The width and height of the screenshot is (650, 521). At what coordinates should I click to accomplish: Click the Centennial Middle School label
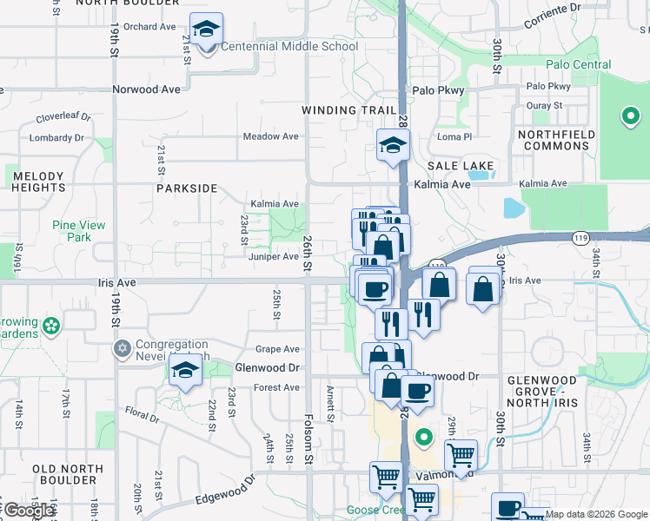[x=289, y=46]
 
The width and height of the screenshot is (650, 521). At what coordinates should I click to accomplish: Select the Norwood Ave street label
[x=146, y=89]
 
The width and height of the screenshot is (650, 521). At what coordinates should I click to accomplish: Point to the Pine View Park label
[x=79, y=231]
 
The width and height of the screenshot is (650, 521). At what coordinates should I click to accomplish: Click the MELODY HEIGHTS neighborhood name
[x=38, y=181]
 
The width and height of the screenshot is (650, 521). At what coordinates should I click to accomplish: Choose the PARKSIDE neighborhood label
[x=186, y=188]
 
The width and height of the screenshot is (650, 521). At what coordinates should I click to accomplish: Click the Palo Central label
[x=579, y=65]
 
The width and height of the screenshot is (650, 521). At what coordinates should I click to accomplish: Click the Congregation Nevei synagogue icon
[x=122, y=348]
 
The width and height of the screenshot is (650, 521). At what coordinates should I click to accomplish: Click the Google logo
[x=29, y=511]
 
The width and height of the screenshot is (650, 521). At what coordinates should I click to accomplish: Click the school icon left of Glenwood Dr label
[x=185, y=372]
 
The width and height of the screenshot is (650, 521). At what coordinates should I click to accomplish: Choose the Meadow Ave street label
[x=270, y=136]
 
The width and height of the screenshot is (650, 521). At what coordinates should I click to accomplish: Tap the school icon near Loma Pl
[x=393, y=147]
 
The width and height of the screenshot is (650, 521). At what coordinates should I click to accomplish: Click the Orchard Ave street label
[x=149, y=27]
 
